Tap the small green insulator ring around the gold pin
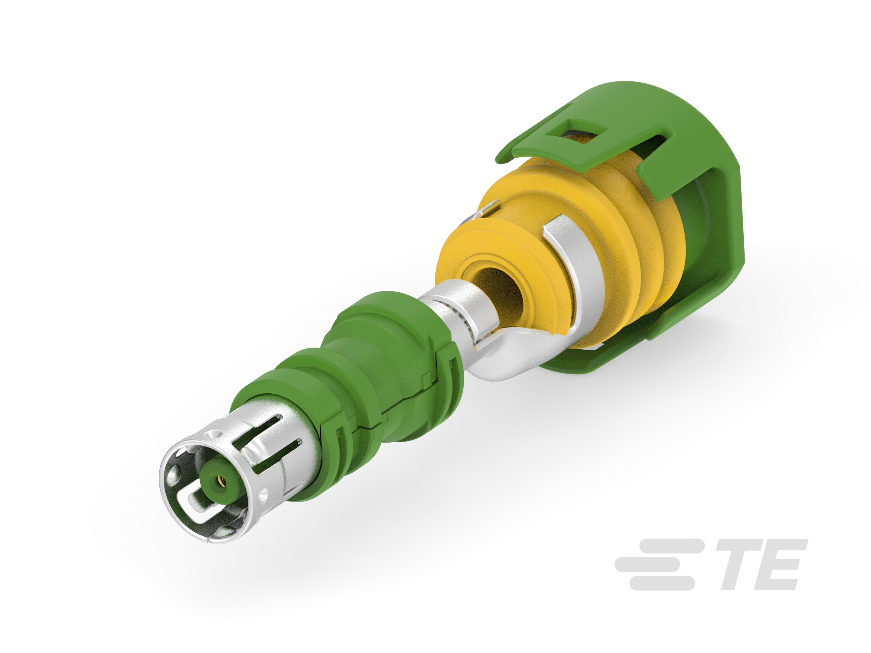click(x=220, y=480)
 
